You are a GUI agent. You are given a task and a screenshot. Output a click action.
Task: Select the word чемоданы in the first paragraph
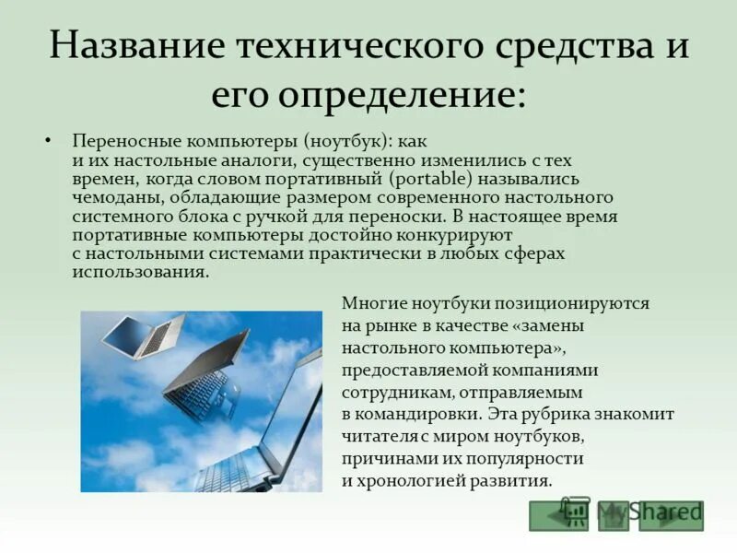[x=110, y=197]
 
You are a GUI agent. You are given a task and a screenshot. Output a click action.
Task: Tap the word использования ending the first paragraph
[x=139, y=272]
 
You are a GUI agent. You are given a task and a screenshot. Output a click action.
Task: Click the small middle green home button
[x=614, y=516]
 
